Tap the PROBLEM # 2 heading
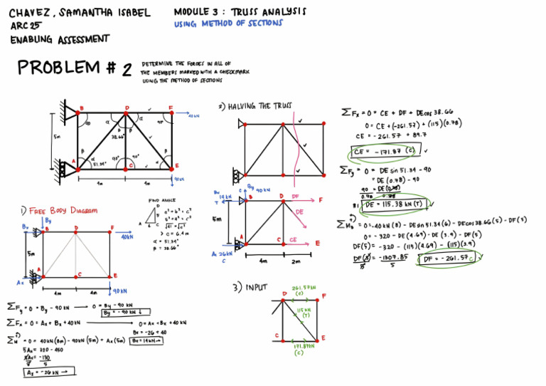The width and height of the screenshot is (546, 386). tap(75, 68)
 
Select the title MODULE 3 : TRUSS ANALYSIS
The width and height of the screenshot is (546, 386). tap(240, 12)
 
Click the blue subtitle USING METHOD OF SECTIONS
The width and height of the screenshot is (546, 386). tap(227, 24)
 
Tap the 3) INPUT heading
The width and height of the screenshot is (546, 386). tap(248, 287)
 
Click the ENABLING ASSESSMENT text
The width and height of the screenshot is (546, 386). tap(60, 39)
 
